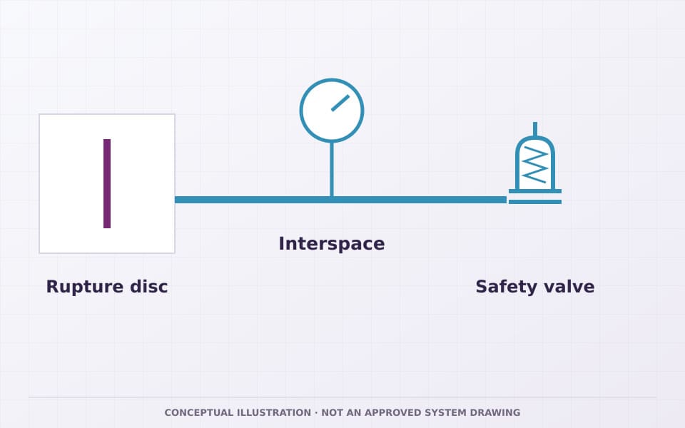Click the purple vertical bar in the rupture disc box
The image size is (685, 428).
(107, 183)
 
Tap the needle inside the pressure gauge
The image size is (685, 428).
(340, 103)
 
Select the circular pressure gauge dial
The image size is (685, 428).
(332, 79)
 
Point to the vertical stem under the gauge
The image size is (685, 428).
(332, 170)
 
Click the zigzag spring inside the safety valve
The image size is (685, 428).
(535, 164)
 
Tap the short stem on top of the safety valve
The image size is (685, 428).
(535, 129)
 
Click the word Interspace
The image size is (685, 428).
(332, 244)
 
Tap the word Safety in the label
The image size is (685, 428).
(507, 287)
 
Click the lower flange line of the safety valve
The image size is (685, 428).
(535, 202)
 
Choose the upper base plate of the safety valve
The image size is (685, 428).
(535, 191)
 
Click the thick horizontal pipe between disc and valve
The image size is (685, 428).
(341, 200)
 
